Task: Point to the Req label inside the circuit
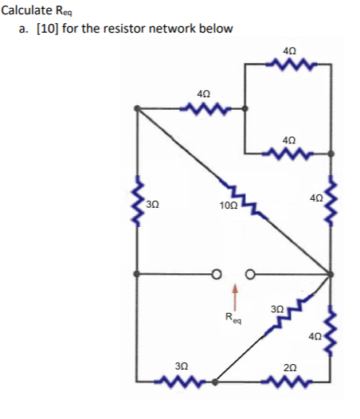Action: [233, 320]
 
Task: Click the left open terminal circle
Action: [215, 275]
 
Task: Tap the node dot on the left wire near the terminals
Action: [139, 274]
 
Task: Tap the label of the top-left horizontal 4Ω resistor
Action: [204, 95]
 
